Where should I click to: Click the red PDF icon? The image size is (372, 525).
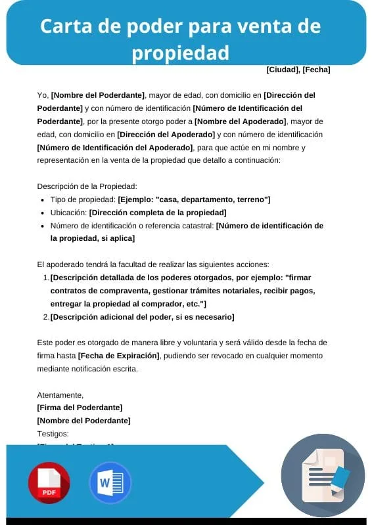coord(49,482)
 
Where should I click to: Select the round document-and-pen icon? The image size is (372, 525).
coord(323,475)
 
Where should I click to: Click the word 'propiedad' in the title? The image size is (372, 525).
coord(181,52)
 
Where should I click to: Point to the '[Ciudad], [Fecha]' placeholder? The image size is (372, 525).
coord(298,70)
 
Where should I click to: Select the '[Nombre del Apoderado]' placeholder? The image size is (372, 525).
coord(241,121)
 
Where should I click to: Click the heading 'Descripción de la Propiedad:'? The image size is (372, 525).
coord(87,186)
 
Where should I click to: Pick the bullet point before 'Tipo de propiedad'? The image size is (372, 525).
coord(43,199)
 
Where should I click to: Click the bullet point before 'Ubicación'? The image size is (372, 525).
coord(43,213)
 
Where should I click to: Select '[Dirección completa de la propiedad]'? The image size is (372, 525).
coord(158,213)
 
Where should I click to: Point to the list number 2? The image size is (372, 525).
coord(46,317)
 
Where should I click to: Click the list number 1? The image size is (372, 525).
coord(46,278)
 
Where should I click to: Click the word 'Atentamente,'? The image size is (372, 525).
coord(60,395)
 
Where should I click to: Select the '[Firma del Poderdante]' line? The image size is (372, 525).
coord(80,408)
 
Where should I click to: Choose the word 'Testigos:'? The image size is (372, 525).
coord(53,434)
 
